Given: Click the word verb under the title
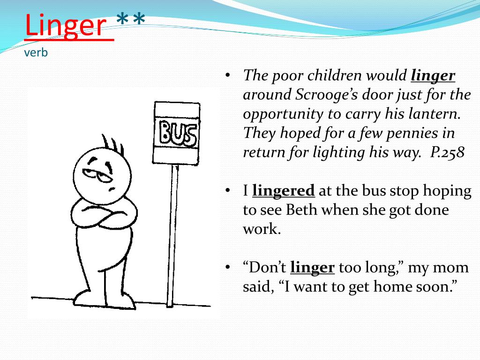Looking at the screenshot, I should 36,52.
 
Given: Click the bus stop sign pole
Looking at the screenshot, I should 173,234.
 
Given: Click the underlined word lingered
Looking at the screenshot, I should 283,191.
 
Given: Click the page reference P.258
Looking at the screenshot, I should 447,153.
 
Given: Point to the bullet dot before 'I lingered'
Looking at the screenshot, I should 227,191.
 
